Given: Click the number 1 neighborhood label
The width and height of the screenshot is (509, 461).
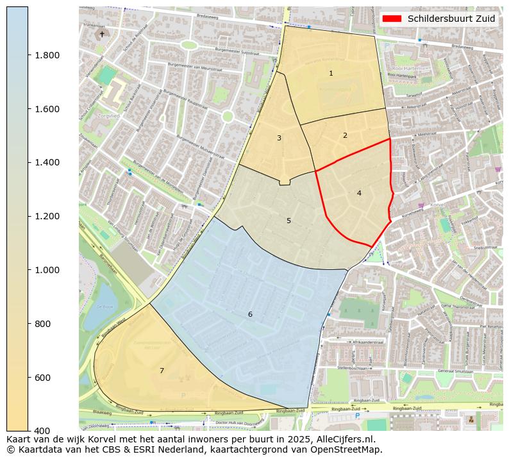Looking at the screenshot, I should [x=331, y=73].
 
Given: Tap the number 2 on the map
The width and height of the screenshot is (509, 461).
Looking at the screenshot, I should [x=345, y=135].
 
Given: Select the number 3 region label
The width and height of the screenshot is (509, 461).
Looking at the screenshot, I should [x=279, y=138].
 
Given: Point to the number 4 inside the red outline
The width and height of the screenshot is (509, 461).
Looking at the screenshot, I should [x=359, y=193].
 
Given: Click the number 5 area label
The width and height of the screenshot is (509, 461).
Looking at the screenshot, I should [x=288, y=221].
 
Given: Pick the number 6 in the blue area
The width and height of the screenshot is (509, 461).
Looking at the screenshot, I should [x=250, y=314].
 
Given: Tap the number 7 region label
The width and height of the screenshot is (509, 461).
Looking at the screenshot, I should [x=162, y=371].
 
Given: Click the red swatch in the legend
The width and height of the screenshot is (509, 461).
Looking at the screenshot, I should [x=392, y=19].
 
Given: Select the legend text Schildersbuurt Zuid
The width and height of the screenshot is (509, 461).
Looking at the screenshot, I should [x=451, y=19].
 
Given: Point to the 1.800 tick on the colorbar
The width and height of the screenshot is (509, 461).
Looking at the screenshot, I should [x=47, y=55].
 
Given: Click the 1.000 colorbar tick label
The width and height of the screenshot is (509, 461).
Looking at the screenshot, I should [x=47, y=270].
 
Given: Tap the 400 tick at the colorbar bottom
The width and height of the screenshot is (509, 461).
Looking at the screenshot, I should [x=42, y=431].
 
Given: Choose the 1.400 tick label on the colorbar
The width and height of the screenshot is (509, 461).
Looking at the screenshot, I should [x=47, y=162].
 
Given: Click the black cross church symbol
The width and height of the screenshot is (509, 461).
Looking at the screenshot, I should [x=101, y=34].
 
